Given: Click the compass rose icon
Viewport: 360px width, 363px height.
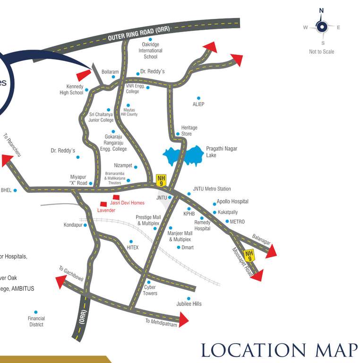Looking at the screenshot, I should pyautogui.click(x=322, y=26).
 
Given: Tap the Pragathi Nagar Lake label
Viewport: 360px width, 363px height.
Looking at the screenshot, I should pyautogui.click(x=221, y=152).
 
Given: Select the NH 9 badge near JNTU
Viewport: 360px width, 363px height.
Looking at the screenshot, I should pyautogui.click(x=161, y=180).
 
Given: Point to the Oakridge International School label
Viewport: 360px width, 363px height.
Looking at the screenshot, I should pyautogui.click(x=150, y=51).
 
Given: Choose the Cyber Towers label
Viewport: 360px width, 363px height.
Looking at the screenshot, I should pyautogui.click(x=150, y=290).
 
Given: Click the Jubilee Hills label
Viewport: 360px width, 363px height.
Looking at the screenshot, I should pyautogui.click(x=189, y=303).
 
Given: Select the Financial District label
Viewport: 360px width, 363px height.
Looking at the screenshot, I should pyautogui.click(x=36, y=321).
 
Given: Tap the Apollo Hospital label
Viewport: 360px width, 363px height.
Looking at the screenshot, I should pyautogui.click(x=232, y=201).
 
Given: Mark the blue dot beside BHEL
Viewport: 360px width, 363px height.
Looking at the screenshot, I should pyautogui.click(x=15, y=190).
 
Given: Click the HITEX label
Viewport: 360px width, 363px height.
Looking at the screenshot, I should pyautogui.click(x=133, y=247).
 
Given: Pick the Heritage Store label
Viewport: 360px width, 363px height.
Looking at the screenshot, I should pyautogui.click(x=189, y=131).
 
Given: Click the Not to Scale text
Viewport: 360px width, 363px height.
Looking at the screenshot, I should pyautogui.click(x=321, y=52).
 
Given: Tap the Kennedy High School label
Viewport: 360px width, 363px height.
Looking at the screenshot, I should pyautogui.click(x=71, y=90).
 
